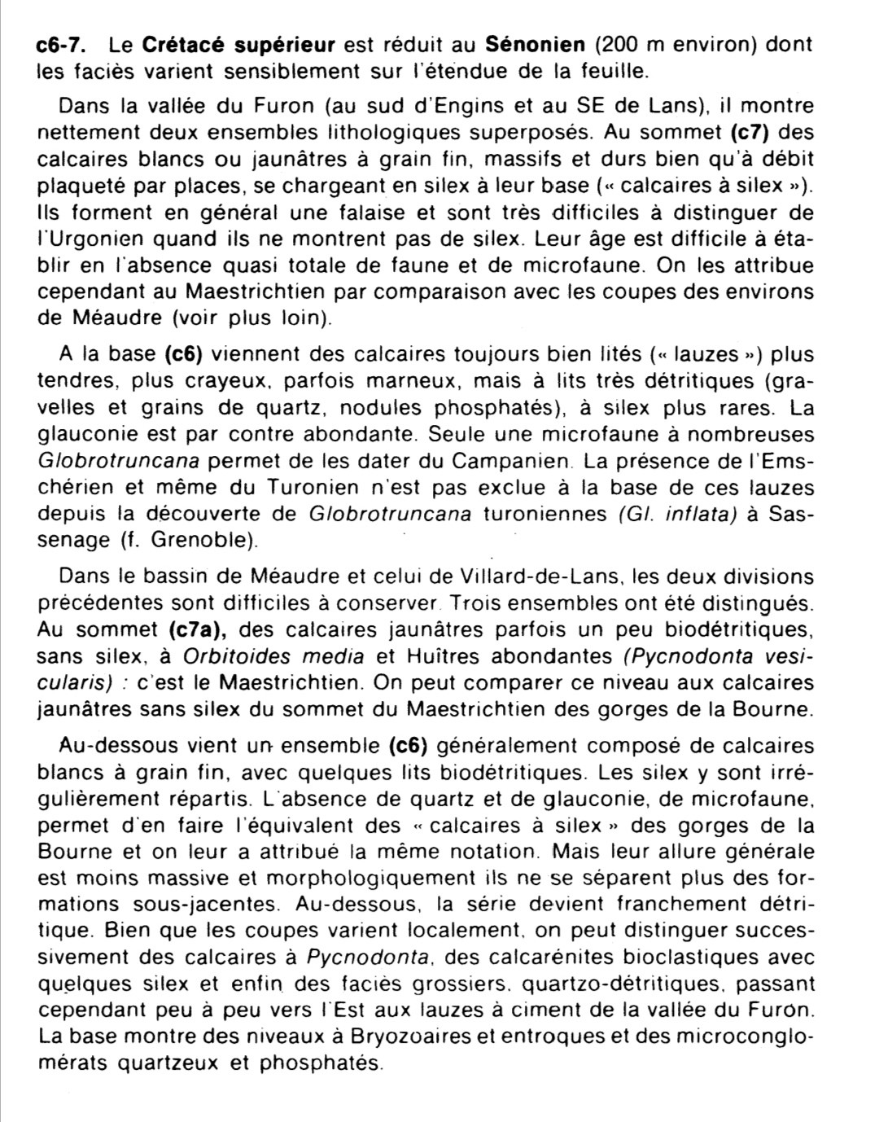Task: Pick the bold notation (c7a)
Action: point(197,629)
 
